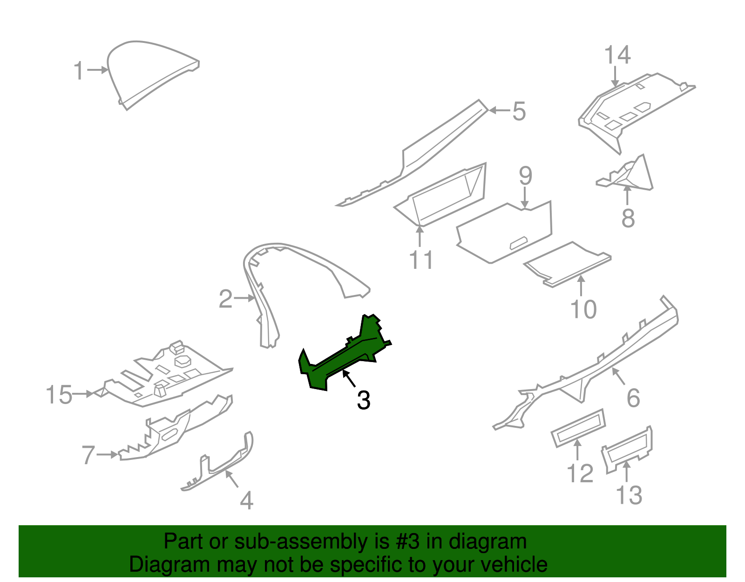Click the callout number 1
(79, 70)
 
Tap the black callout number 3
(363, 400)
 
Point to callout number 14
(617, 55)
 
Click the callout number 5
(519, 111)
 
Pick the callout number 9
(525, 176)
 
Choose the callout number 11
(421, 260)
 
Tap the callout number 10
(583, 309)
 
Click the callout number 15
(59, 394)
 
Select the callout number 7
(88, 455)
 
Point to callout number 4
(246, 500)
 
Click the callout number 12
(580, 473)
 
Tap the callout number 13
(629, 495)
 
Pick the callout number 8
(628, 218)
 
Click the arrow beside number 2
(244, 298)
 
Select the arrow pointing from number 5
(500, 110)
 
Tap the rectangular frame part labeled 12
(578, 428)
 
